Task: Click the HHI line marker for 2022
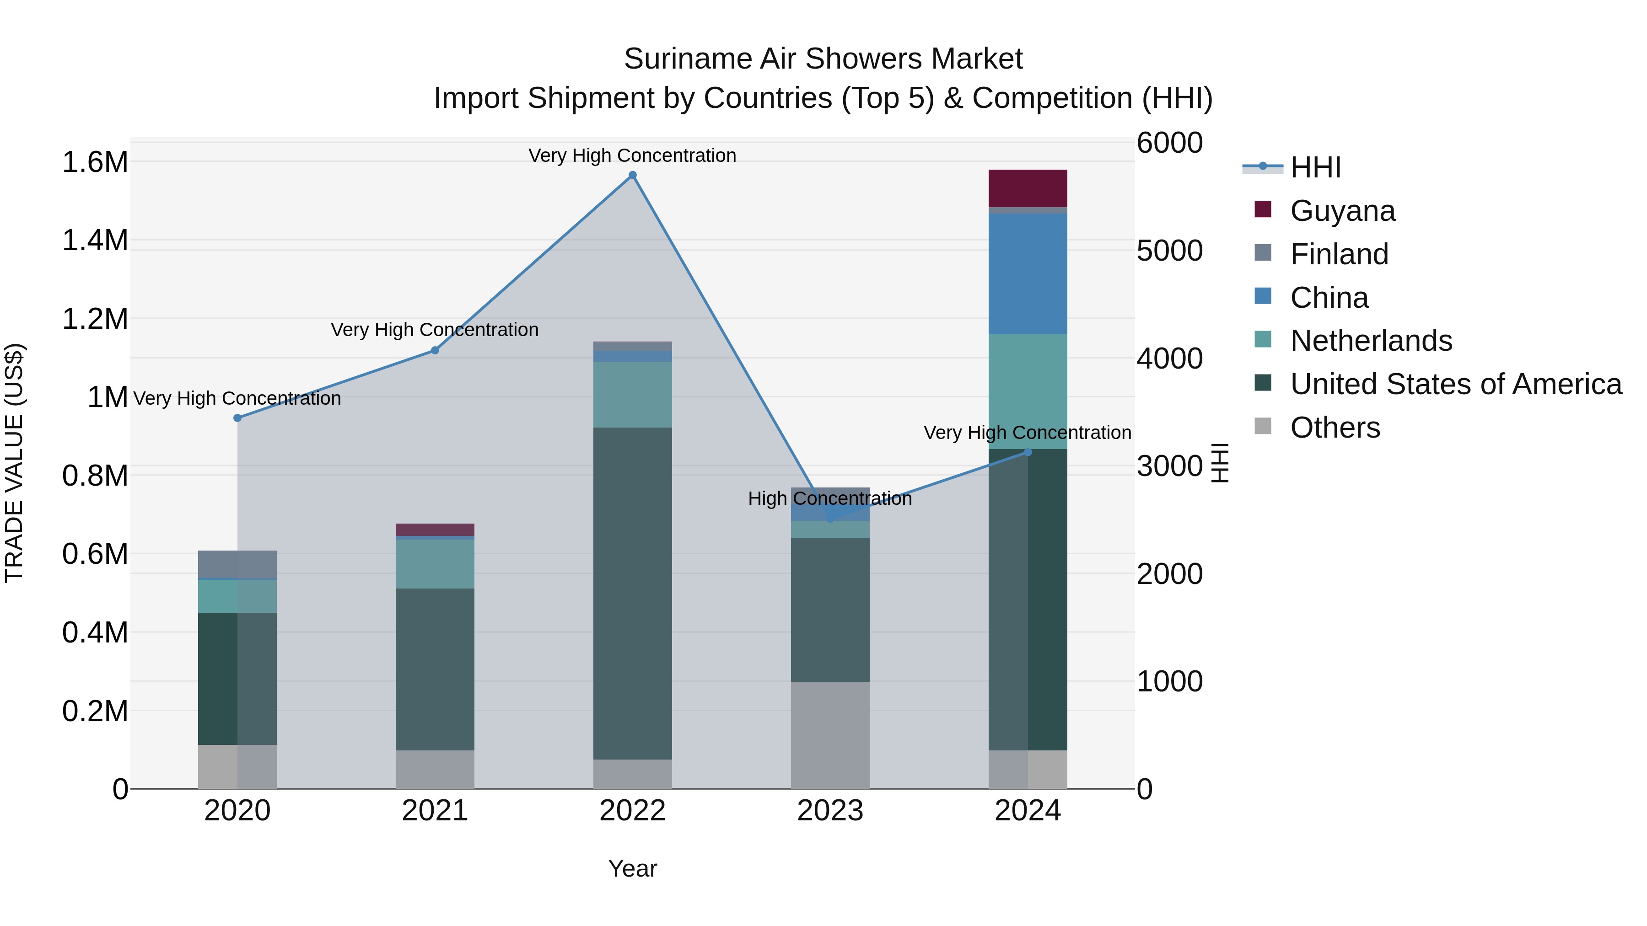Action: point(632,175)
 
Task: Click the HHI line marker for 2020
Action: point(237,418)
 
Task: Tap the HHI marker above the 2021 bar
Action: point(435,350)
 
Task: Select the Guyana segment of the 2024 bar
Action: point(1028,188)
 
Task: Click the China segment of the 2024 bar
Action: point(1028,273)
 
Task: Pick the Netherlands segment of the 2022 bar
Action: point(632,394)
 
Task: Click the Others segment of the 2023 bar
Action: point(830,735)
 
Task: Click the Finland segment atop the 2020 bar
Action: point(237,564)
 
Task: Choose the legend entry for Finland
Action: point(1339,254)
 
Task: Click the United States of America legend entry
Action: point(1455,384)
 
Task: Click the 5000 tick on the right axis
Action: point(1169,251)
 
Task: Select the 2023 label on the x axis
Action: point(830,811)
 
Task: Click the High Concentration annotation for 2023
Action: point(830,498)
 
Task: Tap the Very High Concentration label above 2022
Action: point(632,155)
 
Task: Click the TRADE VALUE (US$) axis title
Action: point(14,463)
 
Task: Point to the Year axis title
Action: point(632,868)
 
